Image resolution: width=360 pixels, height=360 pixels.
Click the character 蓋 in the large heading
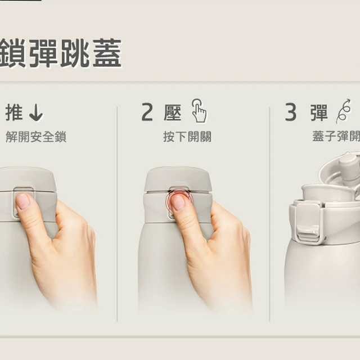107,53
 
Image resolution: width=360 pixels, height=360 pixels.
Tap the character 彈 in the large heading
43,53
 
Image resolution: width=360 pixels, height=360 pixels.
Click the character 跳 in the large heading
75,53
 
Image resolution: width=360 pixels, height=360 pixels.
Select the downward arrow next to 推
36,112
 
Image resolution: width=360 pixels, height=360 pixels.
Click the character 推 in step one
14,112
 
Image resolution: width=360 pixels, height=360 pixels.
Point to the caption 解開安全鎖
36,137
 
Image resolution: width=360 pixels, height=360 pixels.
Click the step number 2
147,112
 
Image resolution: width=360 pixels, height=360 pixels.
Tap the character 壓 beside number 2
173,112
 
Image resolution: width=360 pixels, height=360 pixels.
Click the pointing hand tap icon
199,111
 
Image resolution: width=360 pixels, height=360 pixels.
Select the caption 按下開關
187,137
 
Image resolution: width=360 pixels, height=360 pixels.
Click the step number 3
291,112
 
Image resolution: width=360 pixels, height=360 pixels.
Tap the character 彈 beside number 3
319,112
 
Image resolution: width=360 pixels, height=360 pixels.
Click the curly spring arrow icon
344,111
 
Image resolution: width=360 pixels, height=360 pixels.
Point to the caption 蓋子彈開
336,137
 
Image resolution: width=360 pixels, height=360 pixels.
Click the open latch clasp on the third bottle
308,222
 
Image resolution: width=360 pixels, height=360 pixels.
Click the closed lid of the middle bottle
178,179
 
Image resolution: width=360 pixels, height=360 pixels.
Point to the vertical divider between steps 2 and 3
269,214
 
